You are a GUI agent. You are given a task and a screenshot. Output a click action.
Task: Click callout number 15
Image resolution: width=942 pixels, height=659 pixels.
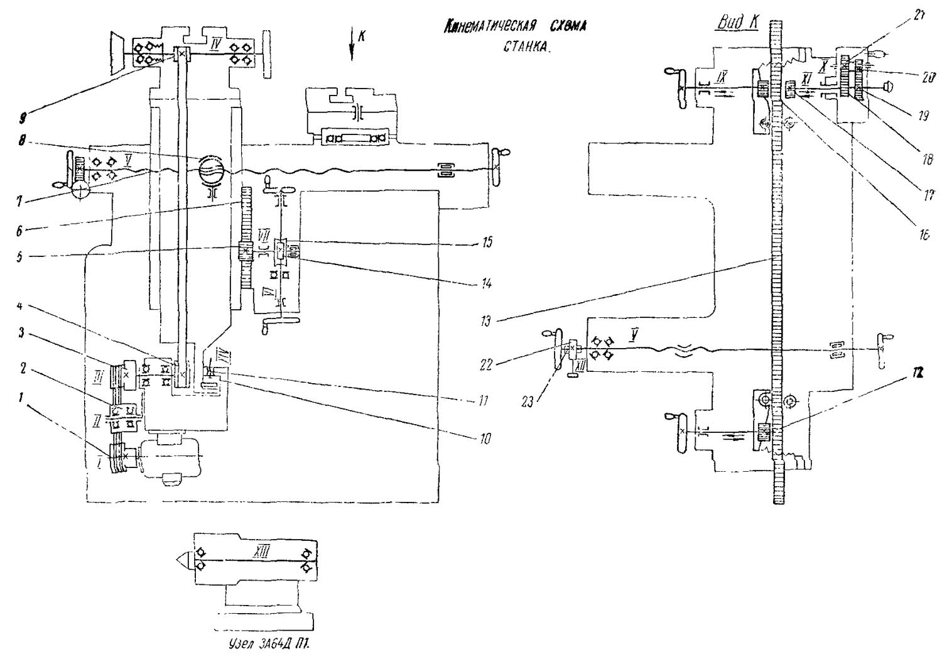click(x=487, y=242)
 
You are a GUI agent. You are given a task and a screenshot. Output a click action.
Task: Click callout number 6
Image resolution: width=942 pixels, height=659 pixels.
click(x=20, y=231)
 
